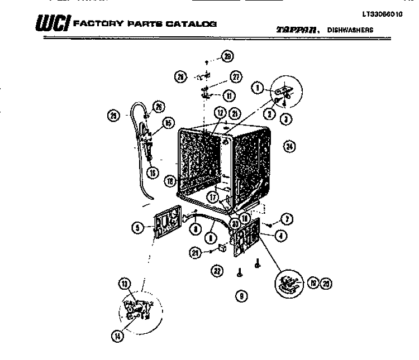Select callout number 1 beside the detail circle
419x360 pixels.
click(258, 87)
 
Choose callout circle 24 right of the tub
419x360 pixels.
click(289, 147)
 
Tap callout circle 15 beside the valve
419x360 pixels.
click(167, 123)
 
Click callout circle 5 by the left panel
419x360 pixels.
click(136, 227)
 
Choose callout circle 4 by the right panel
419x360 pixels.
click(280, 236)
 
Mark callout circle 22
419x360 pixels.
click(217, 271)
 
